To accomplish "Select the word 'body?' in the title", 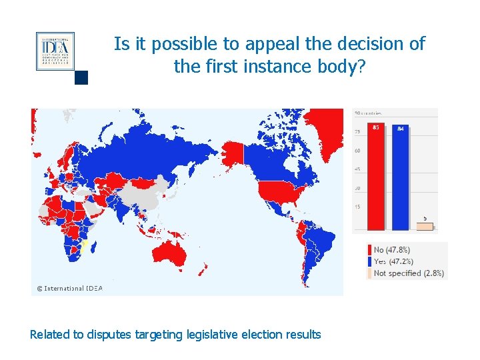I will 340,67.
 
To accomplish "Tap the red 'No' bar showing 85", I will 377,176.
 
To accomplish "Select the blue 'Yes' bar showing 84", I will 400,177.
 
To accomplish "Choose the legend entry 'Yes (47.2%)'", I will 392,261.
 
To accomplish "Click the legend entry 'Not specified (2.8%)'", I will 408,273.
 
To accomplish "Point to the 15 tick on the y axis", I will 358,207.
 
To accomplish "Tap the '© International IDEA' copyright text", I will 69,289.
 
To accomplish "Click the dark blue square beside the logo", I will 81,78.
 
